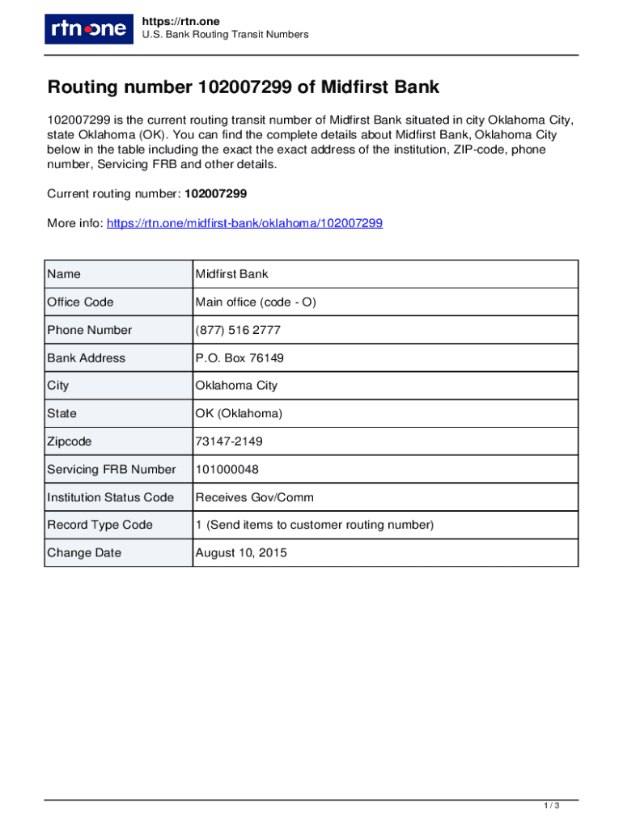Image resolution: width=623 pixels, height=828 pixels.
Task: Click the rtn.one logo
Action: (89, 29)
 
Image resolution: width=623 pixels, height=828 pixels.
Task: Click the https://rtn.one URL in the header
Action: (180, 21)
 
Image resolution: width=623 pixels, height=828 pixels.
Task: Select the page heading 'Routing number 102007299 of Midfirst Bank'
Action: (243, 87)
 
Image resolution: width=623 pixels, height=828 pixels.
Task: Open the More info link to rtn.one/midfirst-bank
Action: (244, 223)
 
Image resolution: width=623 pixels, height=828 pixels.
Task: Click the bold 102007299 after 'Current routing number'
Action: (215, 194)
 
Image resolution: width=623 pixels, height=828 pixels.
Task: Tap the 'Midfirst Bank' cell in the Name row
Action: (231, 274)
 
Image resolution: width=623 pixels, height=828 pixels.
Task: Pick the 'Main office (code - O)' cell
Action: (256, 302)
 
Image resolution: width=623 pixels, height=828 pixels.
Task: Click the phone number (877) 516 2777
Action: (238, 330)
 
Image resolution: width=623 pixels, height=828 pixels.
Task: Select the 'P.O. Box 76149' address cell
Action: (239, 358)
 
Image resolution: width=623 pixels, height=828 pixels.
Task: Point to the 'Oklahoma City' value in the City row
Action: (236, 386)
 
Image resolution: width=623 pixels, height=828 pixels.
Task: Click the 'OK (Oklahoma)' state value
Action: (239, 413)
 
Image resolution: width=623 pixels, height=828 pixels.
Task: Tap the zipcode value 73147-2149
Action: (229, 441)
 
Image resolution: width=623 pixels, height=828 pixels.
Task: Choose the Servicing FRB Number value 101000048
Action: (227, 469)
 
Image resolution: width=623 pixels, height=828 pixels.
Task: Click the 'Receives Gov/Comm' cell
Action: (254, 497)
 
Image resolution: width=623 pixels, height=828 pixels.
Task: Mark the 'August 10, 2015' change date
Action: (241, 553)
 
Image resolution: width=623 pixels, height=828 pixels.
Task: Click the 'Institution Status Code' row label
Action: (110, 497)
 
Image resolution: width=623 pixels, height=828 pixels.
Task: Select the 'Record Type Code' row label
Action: (100, 525)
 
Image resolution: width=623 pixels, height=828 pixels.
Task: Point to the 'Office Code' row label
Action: (80, 302)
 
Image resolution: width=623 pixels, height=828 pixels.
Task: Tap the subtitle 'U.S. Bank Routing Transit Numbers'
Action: (225, 35)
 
